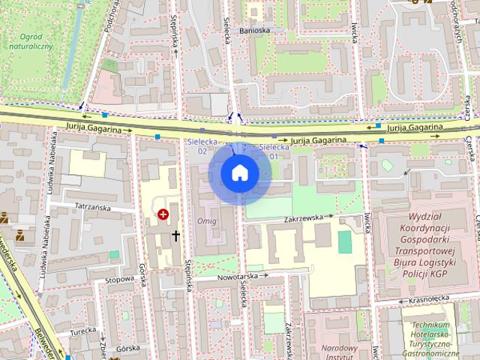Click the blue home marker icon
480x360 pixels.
click(240, 173)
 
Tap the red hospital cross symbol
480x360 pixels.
click(163, 214)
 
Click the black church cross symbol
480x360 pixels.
click(176, 235)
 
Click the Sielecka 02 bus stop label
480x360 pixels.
click(202, 145)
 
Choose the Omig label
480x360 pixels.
click(206, 222)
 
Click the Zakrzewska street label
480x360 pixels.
click(303, 219)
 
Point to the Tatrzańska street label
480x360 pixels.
click(87, 206)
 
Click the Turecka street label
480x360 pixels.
click(79, 331)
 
